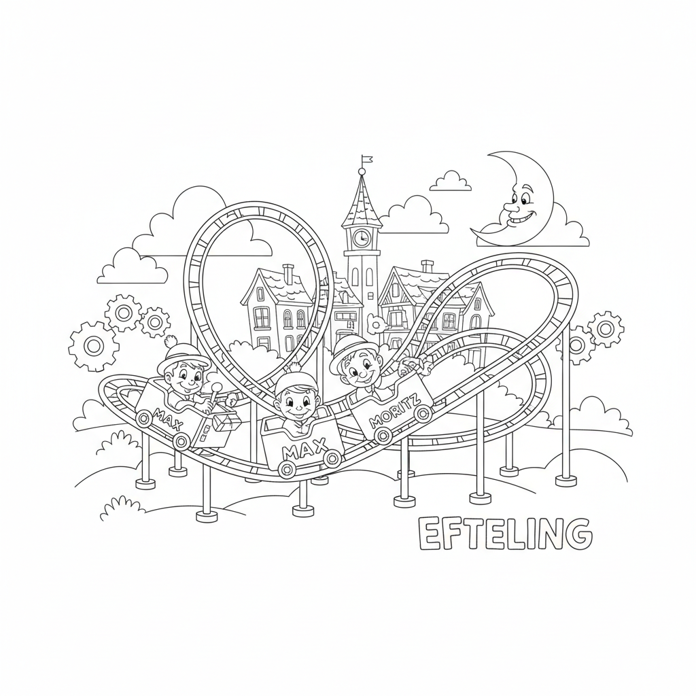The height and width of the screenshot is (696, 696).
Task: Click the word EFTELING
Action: coord(505,534)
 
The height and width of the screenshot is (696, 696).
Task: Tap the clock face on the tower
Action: coord(362,239)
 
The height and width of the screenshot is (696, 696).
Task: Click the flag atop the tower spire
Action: coord(366,158)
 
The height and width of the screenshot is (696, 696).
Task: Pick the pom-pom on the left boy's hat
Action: coord(171,342)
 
